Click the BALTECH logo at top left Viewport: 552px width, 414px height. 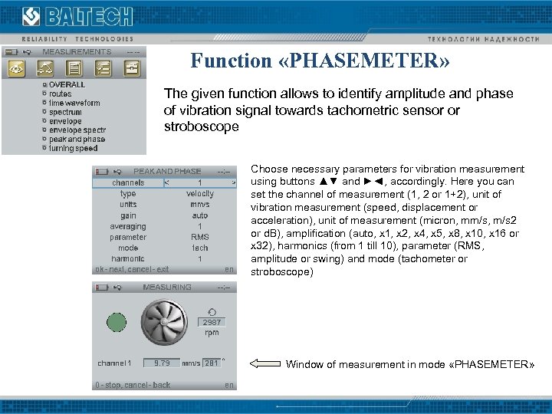pyautogui.click(x=77, y=16)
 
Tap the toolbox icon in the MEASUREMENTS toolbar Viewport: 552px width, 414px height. pyautogui.click(x=132, y=68)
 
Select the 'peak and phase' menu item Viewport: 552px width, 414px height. pyautogui.click(x=77, y=140)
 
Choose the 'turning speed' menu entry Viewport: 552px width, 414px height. pyautogui.click(x=74, y=148)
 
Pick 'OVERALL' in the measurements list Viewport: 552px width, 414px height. pyautogui.click(x=67, y=84)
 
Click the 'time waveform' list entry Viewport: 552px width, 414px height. pyautogui.click(x=74, y=103)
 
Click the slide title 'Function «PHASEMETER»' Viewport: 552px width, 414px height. pyautogui.click(x=320, y=61)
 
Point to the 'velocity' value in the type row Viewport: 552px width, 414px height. pyautogui.click(x=200, y=194)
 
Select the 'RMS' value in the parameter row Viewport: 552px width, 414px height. pyautogui.click(x=200, y=238)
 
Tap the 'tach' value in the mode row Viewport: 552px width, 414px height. pyautogui.click(x=200, y=248)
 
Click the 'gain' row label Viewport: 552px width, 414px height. pyautogui.click(x=128, y=215)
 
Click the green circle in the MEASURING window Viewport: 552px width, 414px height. pyautogui.click(x=117, y=321)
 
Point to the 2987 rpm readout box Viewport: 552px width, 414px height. pyautogui.click(x=212, y=322)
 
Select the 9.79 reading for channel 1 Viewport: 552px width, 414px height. pyautogui.click(x=162, y=363)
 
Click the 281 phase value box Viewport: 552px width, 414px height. pyautogui.click(x=212, y=363)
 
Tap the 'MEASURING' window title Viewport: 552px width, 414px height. pyautogui.click(x=167, y=287)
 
